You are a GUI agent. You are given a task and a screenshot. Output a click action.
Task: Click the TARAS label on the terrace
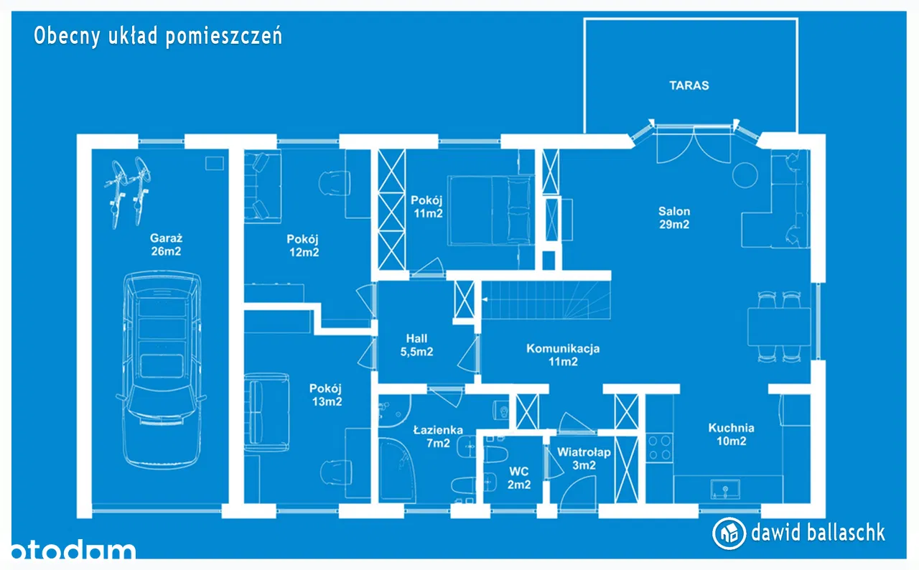(689, 85)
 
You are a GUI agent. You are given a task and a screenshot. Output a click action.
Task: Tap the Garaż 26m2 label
(166, 244)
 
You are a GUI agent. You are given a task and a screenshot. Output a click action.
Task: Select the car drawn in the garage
(162, 370)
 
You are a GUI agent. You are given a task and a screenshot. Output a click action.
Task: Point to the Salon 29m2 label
(674, 218)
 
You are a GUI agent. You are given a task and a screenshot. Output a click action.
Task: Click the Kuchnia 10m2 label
(731, 434)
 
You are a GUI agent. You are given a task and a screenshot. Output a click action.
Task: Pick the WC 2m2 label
(519, 477)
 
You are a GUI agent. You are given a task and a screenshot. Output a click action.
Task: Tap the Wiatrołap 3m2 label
(584, 459)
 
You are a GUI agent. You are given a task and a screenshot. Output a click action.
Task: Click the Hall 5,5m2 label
(416, 345)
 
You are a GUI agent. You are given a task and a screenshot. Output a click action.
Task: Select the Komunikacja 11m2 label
(563, 355)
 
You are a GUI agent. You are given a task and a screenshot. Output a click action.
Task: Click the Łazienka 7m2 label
(438, 436)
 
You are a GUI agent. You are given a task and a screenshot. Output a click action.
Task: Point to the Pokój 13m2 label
(326, 395)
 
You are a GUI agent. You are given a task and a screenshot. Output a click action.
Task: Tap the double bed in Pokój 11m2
(490, 211)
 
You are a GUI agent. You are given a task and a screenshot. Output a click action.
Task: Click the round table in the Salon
(745, 175)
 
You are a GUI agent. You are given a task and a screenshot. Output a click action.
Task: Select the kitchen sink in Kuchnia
(725, 489)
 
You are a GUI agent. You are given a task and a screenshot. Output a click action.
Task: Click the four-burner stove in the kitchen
(660, 447)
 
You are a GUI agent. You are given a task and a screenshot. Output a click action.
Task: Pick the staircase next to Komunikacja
(546, 300)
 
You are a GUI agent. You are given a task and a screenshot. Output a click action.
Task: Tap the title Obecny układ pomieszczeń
(158, 36)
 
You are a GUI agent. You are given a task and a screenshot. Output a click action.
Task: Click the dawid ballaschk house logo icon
(729, 533)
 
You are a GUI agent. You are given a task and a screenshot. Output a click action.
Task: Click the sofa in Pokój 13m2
(266, 412)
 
